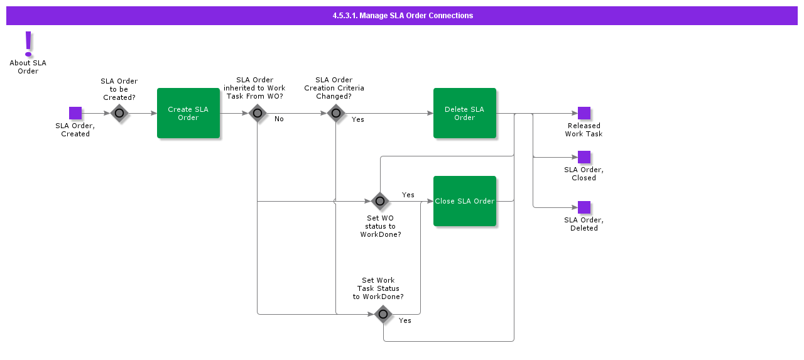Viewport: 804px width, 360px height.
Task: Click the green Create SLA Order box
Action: tap(188, 113)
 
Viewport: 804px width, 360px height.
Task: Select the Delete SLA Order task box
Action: tap(465, 113)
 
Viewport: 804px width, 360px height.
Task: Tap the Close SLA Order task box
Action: tap(465, 201)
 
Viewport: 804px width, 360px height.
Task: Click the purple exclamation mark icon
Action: tap(28, 44)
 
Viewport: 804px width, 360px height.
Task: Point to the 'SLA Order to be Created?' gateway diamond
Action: tap(119, 113)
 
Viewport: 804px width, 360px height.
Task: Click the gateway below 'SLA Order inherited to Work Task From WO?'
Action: tap(258, 113)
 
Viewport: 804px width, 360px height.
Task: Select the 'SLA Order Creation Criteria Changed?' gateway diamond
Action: tap(336, 113)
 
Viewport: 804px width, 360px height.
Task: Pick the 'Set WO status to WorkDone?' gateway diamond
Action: tap(380, 201)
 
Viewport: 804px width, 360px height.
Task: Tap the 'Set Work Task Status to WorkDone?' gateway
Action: tap(383, 314)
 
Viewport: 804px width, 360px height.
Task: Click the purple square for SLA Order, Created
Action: tap(75, 113)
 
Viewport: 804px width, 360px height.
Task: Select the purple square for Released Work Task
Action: tap(584, 113)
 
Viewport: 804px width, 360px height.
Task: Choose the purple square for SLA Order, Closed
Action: tap(584, 157)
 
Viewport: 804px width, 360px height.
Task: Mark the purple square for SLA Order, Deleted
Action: tap(584, 207)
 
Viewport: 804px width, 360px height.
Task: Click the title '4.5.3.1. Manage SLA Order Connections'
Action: tap(403, 16)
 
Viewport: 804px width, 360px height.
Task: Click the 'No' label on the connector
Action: tap(279, 119)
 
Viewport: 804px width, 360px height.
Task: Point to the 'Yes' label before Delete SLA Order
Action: tap(357, 119)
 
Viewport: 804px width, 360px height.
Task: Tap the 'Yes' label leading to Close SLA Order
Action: tap(408, 195)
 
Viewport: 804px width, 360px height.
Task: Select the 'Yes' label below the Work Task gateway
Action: tap(405, 320)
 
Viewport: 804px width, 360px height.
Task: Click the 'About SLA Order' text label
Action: tap(28, 67)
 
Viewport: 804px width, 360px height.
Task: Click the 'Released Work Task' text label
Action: tap(584, 130)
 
